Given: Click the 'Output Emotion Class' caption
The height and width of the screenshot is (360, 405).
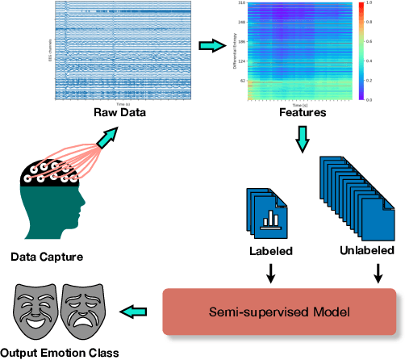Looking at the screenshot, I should pos(60,352).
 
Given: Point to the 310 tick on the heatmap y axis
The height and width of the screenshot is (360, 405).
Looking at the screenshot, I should pos(242,3).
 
